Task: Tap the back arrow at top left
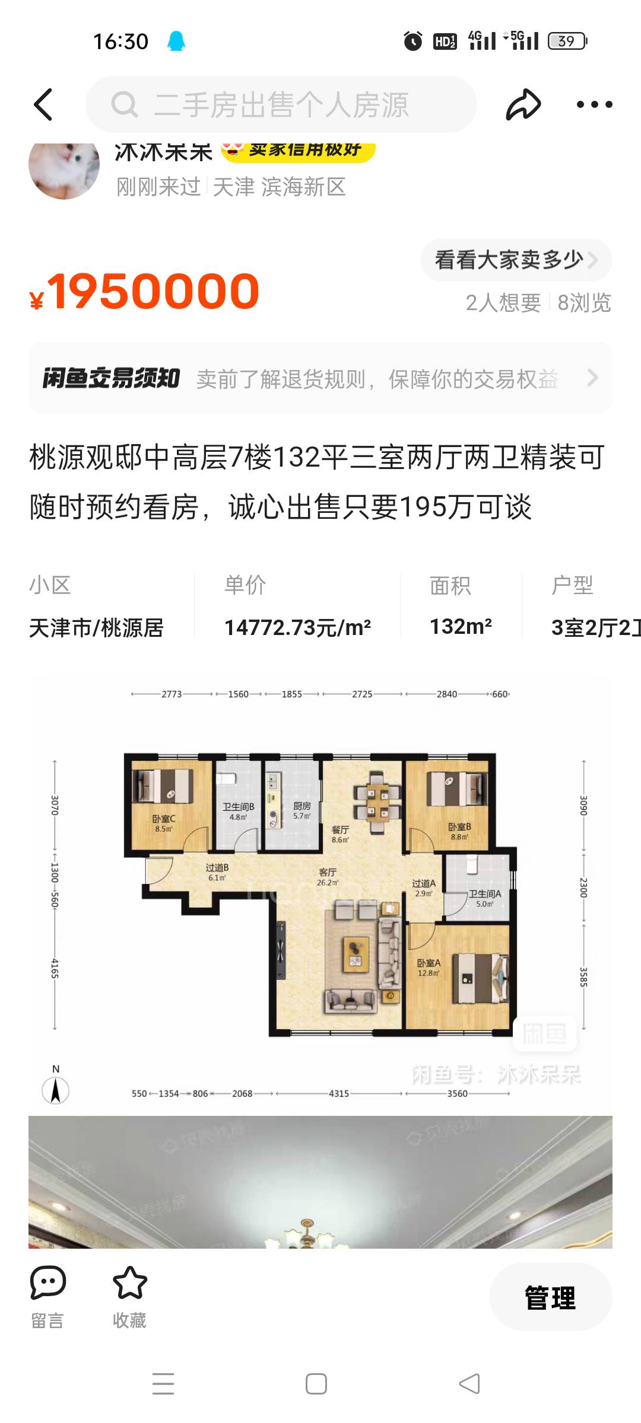pos(43,104)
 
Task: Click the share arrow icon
pos(523,104)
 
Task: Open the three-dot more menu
pos(594,104)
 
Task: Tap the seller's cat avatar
pos(64,170)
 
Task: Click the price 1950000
pos(153,291)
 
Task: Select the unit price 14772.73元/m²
pos(297,627)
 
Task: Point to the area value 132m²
pos(461,626)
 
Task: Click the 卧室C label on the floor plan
pos(164,819)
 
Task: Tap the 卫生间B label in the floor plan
pos(238,807)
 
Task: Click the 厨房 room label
pos(302,806)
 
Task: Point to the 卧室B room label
pos(459,827)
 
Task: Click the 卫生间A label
pos(484,894)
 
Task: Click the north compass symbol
pos(56,1090)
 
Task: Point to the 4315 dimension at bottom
pos(339,1093)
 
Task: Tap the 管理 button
pos(550,1298)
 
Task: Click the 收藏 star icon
pos(129,1282)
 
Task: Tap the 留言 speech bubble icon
pos(47,1282)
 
